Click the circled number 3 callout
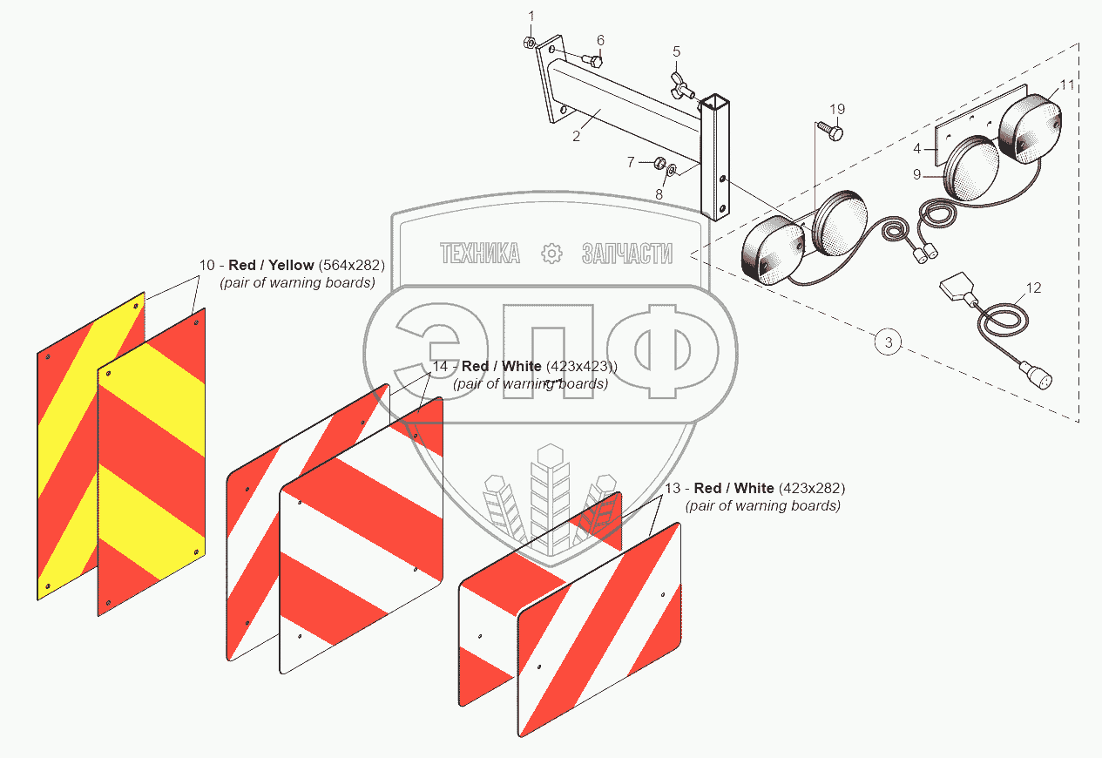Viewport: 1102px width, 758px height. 888,342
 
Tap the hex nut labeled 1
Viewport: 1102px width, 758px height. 530,43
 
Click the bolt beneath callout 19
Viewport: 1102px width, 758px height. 831,132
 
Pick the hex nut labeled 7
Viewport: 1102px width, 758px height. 659,162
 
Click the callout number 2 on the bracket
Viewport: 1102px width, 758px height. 577,136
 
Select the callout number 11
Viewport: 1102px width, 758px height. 1066,85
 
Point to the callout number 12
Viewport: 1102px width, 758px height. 1033,288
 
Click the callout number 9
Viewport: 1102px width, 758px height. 916,174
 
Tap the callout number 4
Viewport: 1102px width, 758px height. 916,148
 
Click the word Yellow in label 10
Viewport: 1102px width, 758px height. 291,265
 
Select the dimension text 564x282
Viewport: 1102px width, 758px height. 352,265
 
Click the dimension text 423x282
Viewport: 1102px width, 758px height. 812,488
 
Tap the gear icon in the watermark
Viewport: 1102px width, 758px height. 551,254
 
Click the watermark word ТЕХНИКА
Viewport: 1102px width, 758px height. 480,254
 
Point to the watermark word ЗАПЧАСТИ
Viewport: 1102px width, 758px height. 627,254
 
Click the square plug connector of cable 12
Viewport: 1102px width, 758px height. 957,286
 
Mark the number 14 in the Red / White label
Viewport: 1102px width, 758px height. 440,367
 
